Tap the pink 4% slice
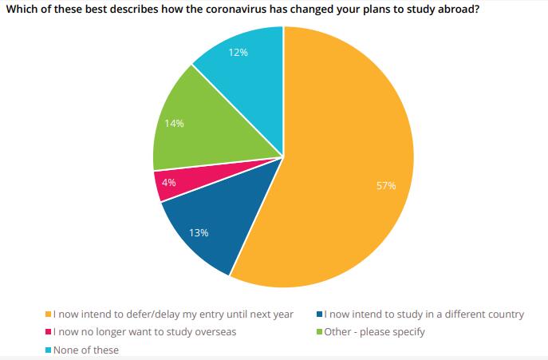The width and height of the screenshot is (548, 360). click(169, 184)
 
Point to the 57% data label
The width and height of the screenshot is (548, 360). click(386, 186)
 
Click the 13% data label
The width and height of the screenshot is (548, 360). click(199, 233)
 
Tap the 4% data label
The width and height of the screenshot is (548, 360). click(168, 182)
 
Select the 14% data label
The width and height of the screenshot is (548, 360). click(175, 123)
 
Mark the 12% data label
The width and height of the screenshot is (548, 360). click(239, 53)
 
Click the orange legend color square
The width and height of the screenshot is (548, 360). click(49, 315)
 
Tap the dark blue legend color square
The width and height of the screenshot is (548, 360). click(319, 315)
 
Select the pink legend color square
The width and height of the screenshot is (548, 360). click(49, 332)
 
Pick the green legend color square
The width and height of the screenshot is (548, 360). click(319, 332)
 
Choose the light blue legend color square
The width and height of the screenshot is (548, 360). click(49, 350)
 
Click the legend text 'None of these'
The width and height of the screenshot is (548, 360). click(86, 350)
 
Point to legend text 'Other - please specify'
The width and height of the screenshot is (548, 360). click(374, 332)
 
